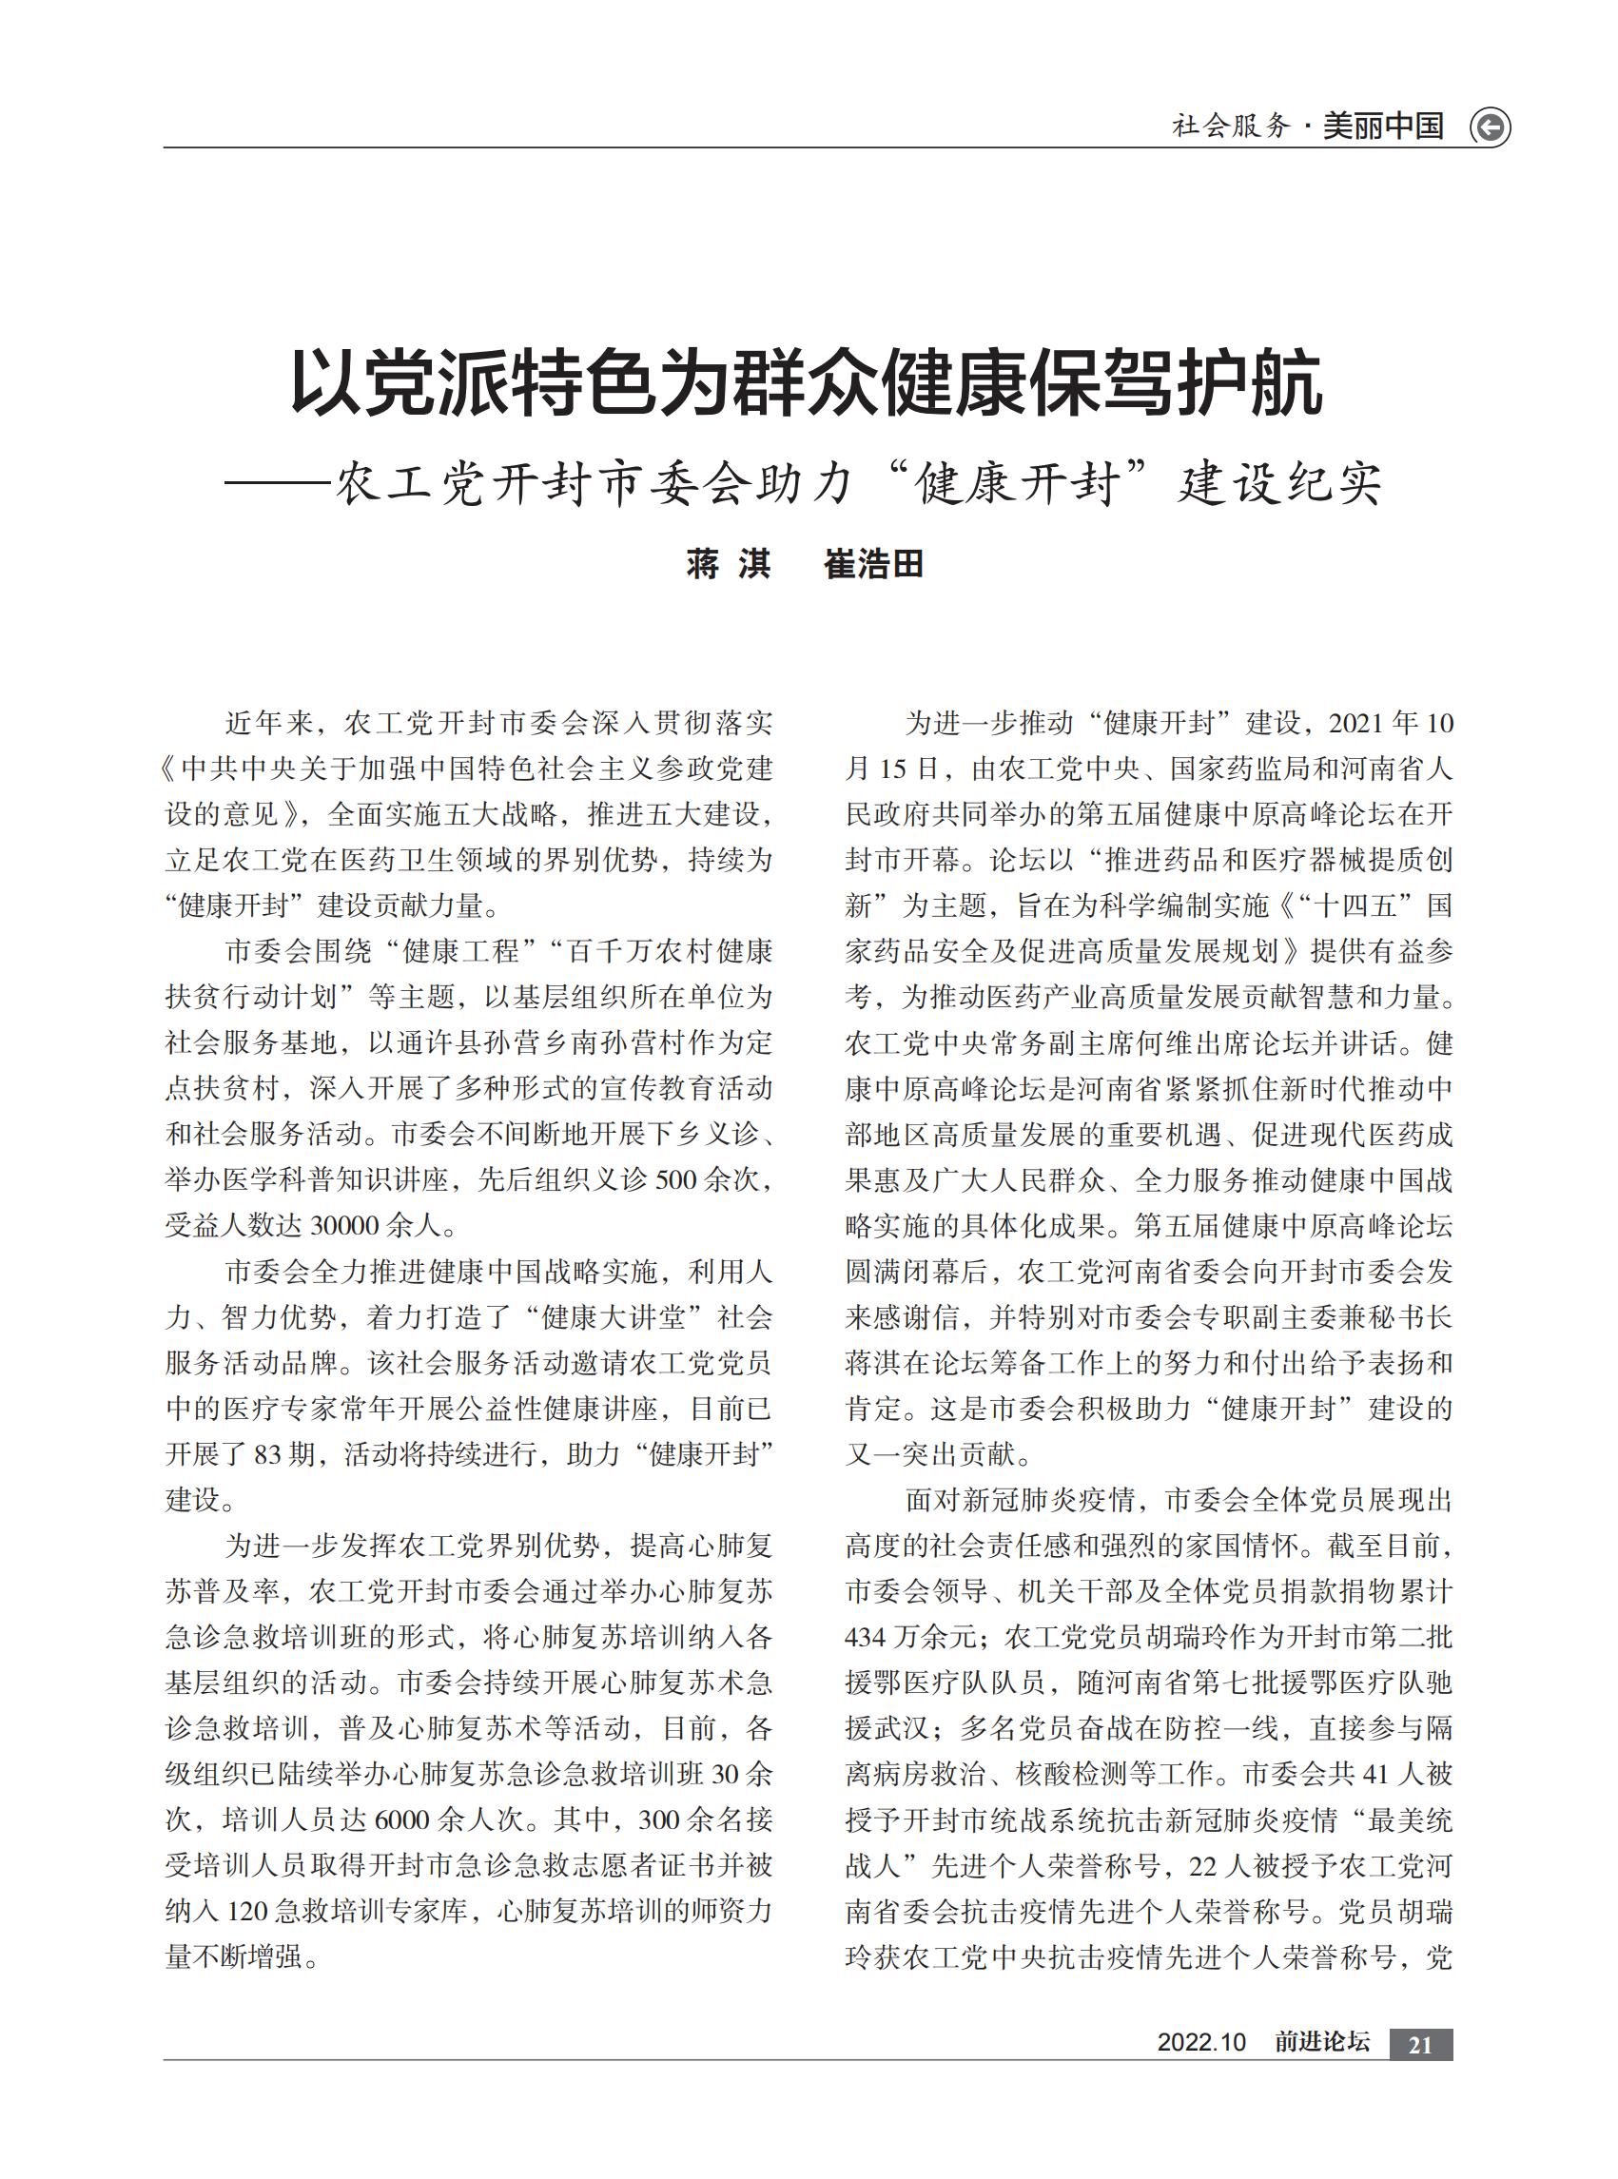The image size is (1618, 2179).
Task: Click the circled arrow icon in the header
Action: point(1490,127)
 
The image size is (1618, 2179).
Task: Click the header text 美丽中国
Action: point(1383,126)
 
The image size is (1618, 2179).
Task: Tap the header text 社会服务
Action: point(1231,126)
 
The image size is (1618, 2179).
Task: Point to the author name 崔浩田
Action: point(873,564)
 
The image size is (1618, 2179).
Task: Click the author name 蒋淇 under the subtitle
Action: point(729,564)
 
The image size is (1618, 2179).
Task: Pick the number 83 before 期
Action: point(267,1454)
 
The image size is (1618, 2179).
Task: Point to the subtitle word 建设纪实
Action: point(1279,483)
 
